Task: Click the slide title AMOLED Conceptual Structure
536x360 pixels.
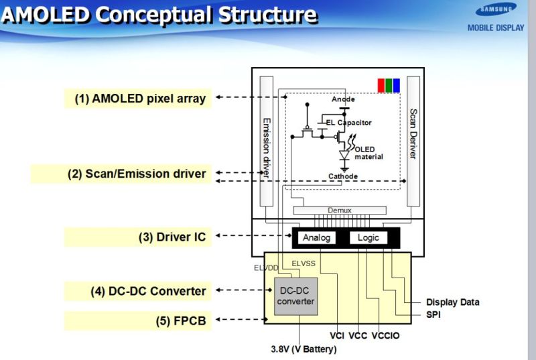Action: (159, 14)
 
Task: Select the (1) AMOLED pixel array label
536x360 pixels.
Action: (140, 99)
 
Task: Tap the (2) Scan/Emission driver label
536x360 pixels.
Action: (137, 174)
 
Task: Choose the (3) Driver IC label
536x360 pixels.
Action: (172, 237)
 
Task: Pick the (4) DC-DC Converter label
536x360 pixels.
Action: (148, 291)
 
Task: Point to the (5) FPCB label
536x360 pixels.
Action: (181, 320)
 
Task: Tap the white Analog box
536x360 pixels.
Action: (317, 237)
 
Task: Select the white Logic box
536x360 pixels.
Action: (368, 237)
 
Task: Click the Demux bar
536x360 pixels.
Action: (339, 210)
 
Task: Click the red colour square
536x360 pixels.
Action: (381, 85)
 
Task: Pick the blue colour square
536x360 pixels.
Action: (397, 85)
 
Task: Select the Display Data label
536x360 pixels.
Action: (453, 302)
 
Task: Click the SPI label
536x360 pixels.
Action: (435, 313)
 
